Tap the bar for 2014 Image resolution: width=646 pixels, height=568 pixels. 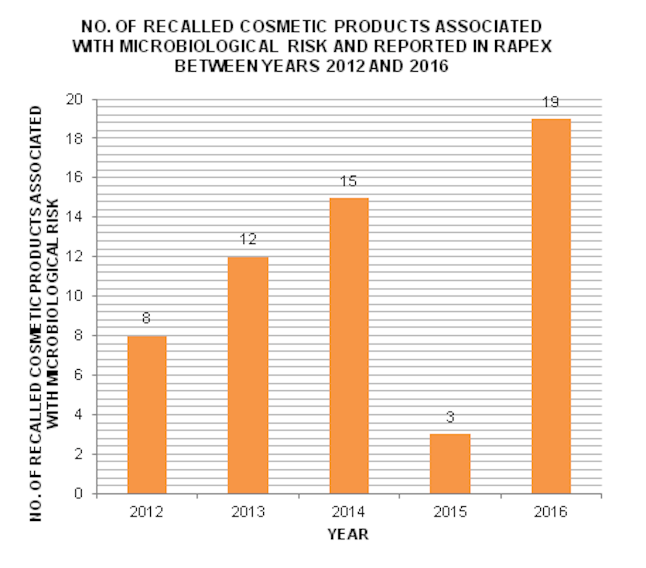(349, 346)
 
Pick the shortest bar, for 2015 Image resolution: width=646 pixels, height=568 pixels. (450, 464)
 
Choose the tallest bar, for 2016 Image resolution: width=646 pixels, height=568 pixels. (551, 306)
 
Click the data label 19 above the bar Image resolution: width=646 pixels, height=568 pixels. (551, 103)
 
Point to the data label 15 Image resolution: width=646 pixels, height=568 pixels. (348, 181)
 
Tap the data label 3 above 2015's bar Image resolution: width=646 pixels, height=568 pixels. (450, 417)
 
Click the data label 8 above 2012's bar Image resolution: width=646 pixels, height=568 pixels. (146, 318)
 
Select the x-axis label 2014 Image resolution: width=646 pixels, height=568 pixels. (348, 512)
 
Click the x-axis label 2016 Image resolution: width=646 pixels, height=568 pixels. (550, 512)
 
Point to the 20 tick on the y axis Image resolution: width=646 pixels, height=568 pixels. (74, 100)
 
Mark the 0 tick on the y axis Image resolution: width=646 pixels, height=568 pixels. (78, 493)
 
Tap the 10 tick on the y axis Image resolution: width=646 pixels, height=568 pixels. (74, 296)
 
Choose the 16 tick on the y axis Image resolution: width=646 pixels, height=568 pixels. (74, 177)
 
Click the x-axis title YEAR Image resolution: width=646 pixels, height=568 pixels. (348, 535)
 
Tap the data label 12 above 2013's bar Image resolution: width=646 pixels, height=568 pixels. (248, 239)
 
